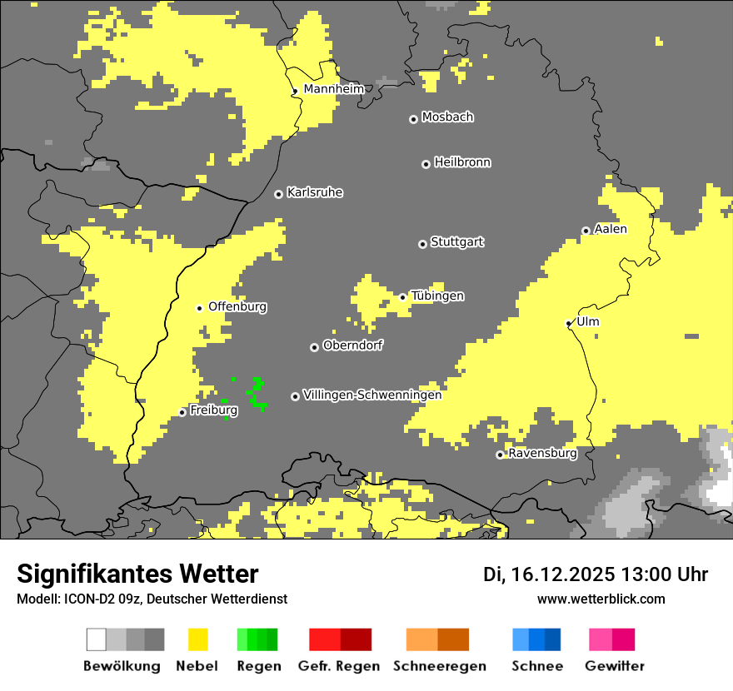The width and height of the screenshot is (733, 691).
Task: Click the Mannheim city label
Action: point(333,89)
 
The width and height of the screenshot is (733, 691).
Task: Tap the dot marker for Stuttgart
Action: point(422,244)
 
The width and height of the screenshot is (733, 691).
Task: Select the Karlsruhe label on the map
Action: point(314,192)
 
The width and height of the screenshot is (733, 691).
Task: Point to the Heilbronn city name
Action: point(462,162)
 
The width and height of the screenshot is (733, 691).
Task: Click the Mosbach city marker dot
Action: point(413,119)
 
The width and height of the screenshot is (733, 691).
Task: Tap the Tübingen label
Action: point(437,296)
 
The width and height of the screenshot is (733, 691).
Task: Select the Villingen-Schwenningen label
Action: point(372,395)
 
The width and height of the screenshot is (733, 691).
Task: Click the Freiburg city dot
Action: point(182,412)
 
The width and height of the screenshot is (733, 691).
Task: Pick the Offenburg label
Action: point(237,306)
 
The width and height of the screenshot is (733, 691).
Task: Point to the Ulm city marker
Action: point(569,323)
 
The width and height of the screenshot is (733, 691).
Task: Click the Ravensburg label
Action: point(542,454)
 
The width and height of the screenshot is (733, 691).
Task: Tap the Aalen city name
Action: point(611,229)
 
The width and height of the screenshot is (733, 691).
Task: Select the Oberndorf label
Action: point(353,345)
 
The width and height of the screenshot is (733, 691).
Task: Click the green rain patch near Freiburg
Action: point(257,394)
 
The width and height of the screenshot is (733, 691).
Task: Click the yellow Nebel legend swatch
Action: point(197,639)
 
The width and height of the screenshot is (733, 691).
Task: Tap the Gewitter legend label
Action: point(615,666)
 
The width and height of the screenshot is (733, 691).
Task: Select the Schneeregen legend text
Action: point(440,666)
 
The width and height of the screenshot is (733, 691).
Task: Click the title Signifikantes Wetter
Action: point(137,574)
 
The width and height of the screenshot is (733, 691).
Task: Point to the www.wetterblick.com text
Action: point(601,599)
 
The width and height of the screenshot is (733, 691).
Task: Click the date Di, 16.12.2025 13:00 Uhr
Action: point(595,574)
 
